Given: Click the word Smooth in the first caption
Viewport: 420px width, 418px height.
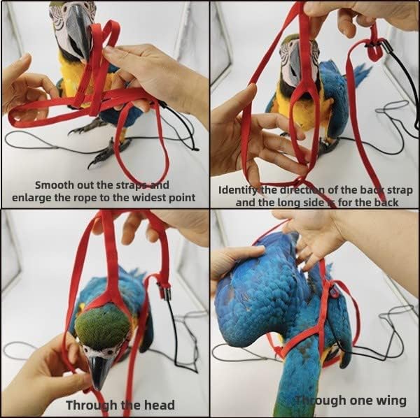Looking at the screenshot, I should tap(55, 185).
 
